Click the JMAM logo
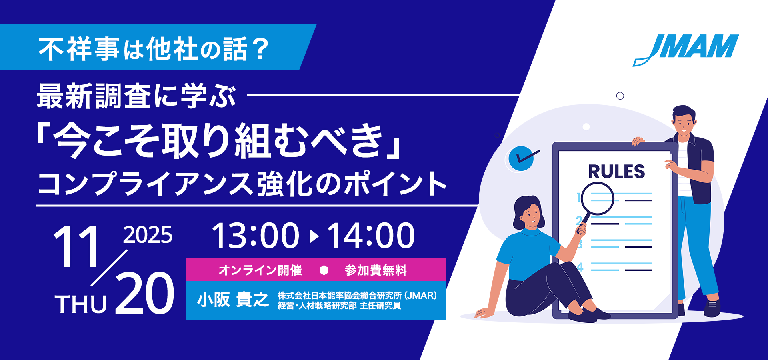686,50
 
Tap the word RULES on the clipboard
616,172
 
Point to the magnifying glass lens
597,198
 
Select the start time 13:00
256,235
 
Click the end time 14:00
371,235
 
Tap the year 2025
148,235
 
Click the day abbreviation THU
81,304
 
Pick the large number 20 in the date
145,293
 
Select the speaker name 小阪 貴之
233,300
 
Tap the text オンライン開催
260,270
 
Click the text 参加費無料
376,270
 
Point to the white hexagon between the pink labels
324,270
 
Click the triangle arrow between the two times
314,236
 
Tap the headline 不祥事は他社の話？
154,49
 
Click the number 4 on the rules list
580,267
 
